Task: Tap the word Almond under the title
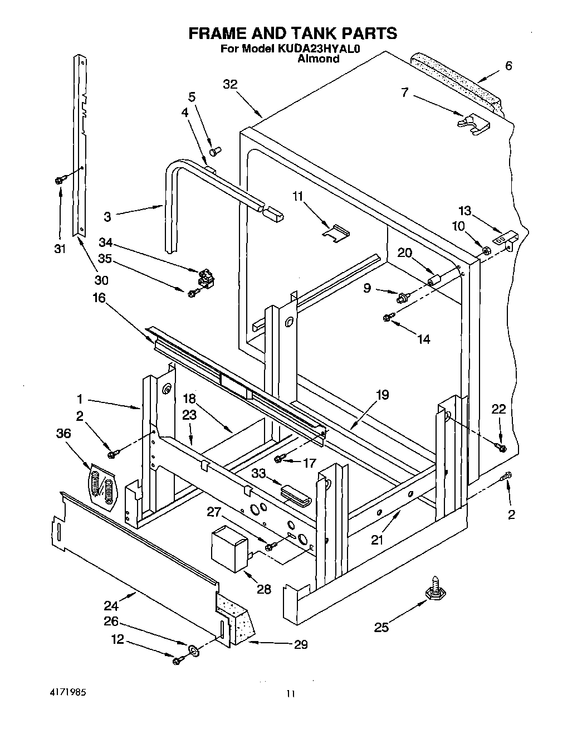[319, 59]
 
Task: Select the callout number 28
[263, 589]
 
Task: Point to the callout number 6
[508, 65]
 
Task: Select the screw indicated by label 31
[59, 179]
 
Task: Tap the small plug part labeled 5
[215, 150]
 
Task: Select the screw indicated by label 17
[280, 458]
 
